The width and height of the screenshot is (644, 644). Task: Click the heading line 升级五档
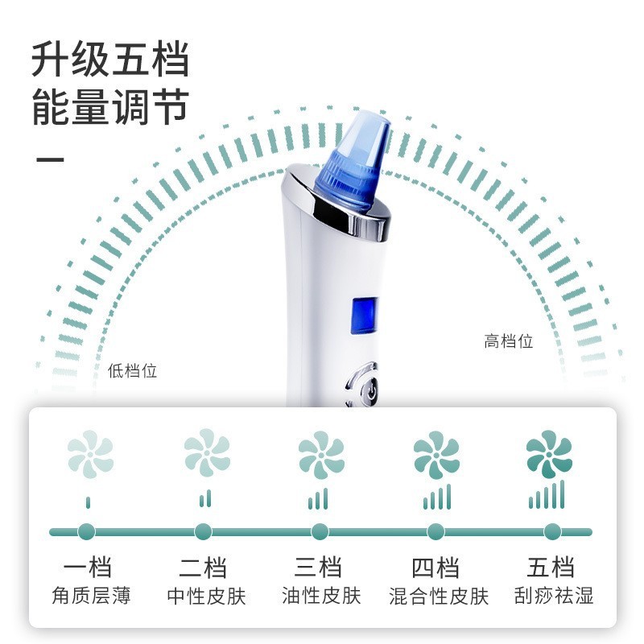tap(110, 60)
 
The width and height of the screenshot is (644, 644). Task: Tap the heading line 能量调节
tap(110, 107)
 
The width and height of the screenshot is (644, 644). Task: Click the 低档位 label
tap(132, 371)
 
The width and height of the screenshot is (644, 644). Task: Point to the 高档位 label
tap(509, 341)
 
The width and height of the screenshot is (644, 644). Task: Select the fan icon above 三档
tap(320, 456)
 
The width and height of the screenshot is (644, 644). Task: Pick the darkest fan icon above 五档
tap(549, 456)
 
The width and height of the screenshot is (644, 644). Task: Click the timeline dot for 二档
tap(203, 531)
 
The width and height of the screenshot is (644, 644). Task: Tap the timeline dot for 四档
tap(436, 531)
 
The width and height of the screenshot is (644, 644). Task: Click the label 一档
tap(89, 567)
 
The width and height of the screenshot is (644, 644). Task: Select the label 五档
tap(551, 567)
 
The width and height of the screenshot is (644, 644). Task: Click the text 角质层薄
tap(90, 597)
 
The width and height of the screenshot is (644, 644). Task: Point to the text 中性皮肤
tap(206, 597)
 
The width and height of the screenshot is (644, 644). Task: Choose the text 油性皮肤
tap(321, 597)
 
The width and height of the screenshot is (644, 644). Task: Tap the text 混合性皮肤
tap(439, 597)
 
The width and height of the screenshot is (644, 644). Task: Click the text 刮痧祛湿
tap(554, 597)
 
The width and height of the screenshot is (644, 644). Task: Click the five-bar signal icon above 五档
tap(547, 495)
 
